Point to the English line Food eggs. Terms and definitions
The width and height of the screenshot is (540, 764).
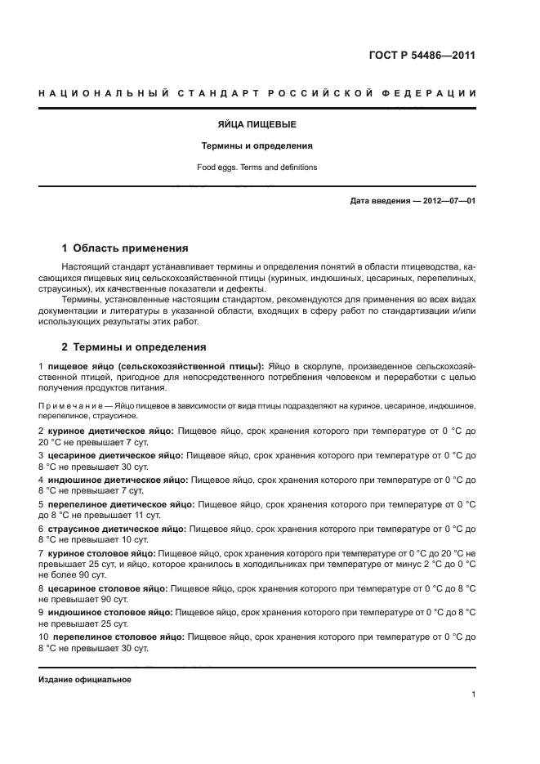click(x=257, y=167)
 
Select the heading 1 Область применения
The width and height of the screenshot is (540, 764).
click(x=125, y=248)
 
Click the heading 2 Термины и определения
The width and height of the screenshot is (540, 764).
click(x=134, y=346)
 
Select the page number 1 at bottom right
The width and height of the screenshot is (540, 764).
click(x=473, y=695)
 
